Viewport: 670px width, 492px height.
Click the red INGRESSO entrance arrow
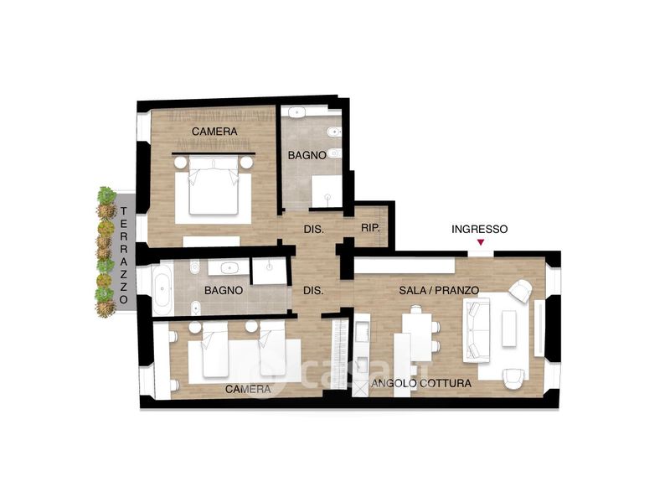click(x=481, y=242)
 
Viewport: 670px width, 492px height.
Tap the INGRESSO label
click(x=479, y=230)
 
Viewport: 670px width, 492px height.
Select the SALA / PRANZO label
click(x=439, y=291)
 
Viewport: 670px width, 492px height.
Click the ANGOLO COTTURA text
click(x=421, y=383)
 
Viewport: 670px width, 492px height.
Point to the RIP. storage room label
click(x=370, y=228)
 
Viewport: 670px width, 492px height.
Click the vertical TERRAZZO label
click(x=124, y=256)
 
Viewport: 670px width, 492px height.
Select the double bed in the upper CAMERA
click(x=214, y=184)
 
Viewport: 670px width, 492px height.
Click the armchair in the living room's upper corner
click(x=520, y=291)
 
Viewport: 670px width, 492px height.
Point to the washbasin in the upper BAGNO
click(x=296, y=112)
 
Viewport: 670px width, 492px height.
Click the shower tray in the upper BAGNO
click(x=327, y=192)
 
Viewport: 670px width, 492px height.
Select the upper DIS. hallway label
click(x=314, y=230)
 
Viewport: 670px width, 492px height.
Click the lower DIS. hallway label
click(x=313, y=291)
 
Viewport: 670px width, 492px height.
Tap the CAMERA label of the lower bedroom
click(x=248, y=390)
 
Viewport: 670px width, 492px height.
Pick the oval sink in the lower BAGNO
click(x=229, y=268)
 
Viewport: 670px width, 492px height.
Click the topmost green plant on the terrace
click(x=106, y=195)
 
